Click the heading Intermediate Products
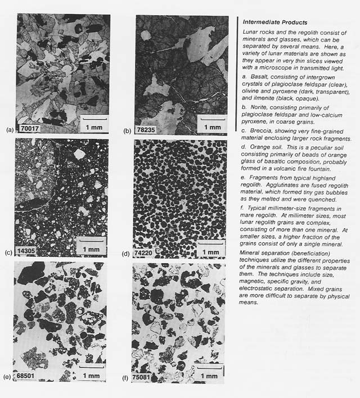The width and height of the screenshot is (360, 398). [x=274, y=22]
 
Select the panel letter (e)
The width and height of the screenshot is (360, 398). [x=8, y=377]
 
